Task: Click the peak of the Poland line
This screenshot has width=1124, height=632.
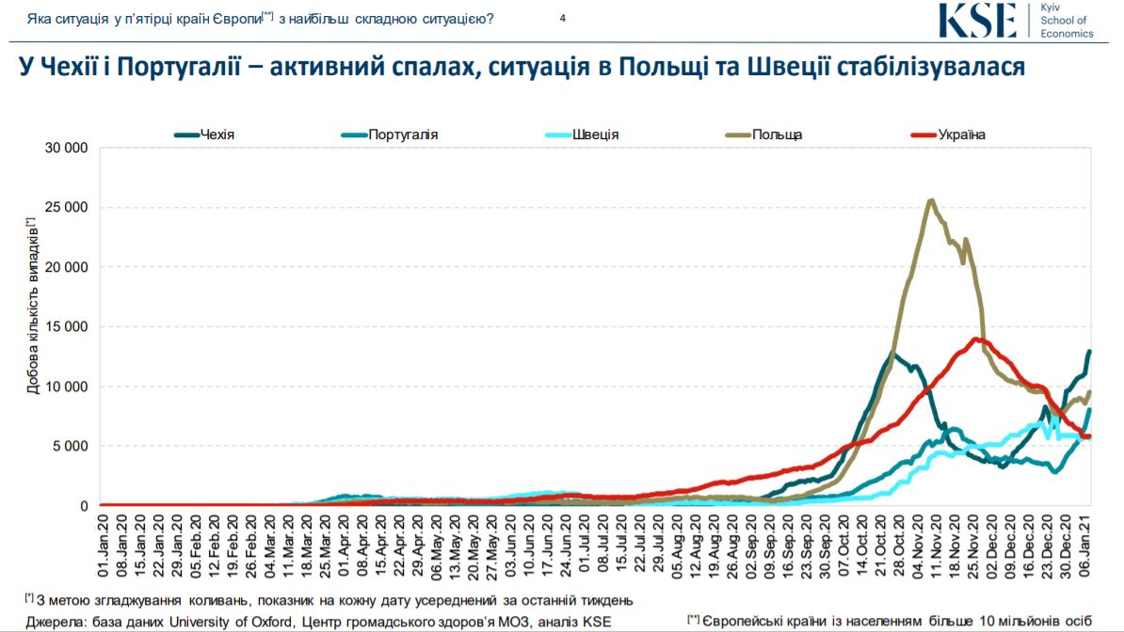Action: tap(931, 200)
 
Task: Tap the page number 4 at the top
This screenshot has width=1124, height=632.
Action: tap(562, 17)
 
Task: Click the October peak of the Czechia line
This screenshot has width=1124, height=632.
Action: tap(891, 354)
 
